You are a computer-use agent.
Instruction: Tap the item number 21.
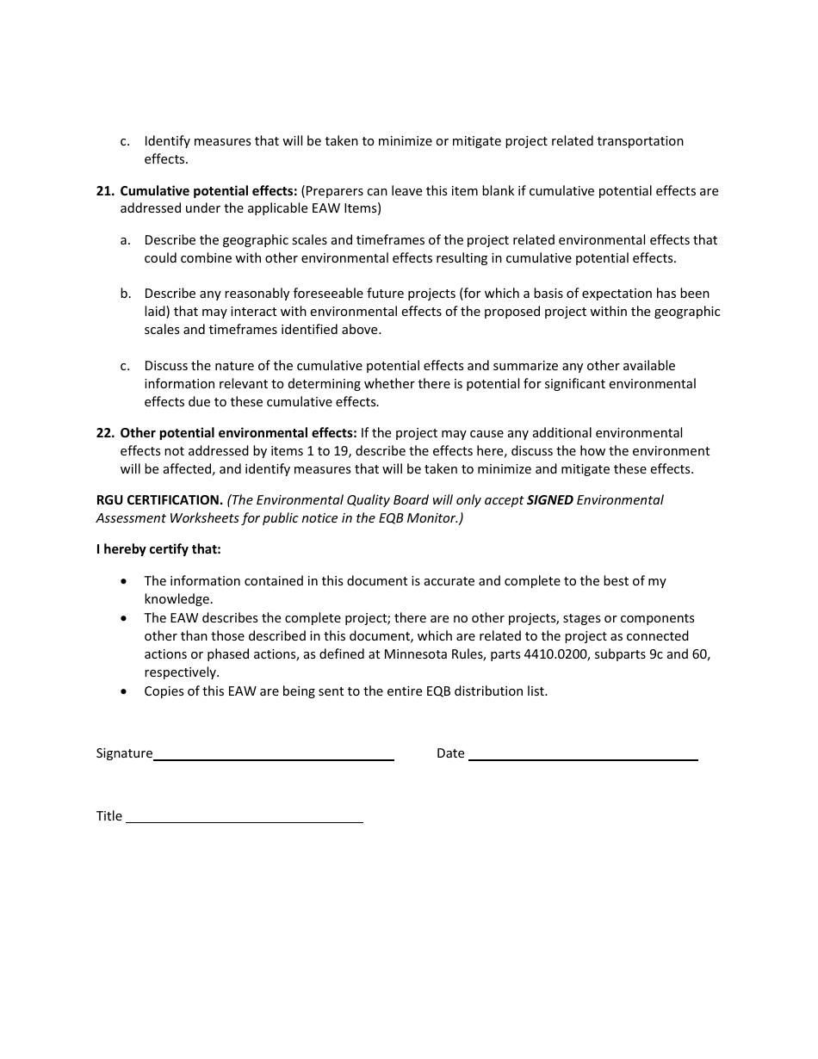coord(105,191)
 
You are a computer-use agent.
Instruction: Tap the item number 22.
coord(105,433)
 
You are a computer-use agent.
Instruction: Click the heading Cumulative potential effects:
coord(208,191)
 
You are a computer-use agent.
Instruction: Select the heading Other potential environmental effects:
coord(238,433)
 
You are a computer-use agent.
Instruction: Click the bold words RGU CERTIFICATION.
coord(159,500)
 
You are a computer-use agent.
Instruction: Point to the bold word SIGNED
coord(549,500)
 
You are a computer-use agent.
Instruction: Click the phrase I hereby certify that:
coord(158,549)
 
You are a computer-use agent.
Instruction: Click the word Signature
coord(124,753)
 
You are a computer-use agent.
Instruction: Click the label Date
coord(450,753)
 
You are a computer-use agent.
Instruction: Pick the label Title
coord(109,816)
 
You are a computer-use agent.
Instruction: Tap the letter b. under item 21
coord(126,294)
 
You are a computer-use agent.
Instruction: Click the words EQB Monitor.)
coord(424,518)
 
